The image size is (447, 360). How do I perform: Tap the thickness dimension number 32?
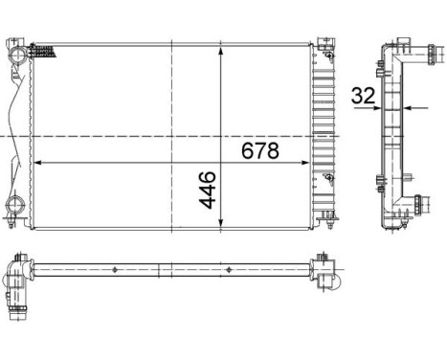click(362, 95)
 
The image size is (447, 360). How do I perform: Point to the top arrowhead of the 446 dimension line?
click(221, 49)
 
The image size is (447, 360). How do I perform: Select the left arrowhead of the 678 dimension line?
click(39, 164)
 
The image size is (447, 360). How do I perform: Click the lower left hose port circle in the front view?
click(16, 204)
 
